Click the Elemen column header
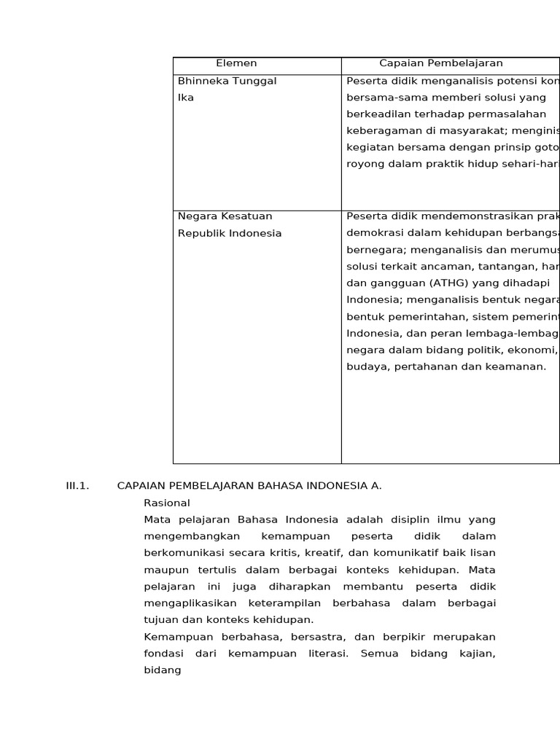tap(236, 63)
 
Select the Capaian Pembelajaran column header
tap(440, 63)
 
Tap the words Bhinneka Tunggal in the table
tap(227, 81)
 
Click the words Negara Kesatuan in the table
tap(225, 216)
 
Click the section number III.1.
tap(77, 485)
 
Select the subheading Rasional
tap(167, 503)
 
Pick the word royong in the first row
tap(363, 164)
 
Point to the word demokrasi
tap(373, 232)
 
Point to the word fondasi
tap(164, 653)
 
